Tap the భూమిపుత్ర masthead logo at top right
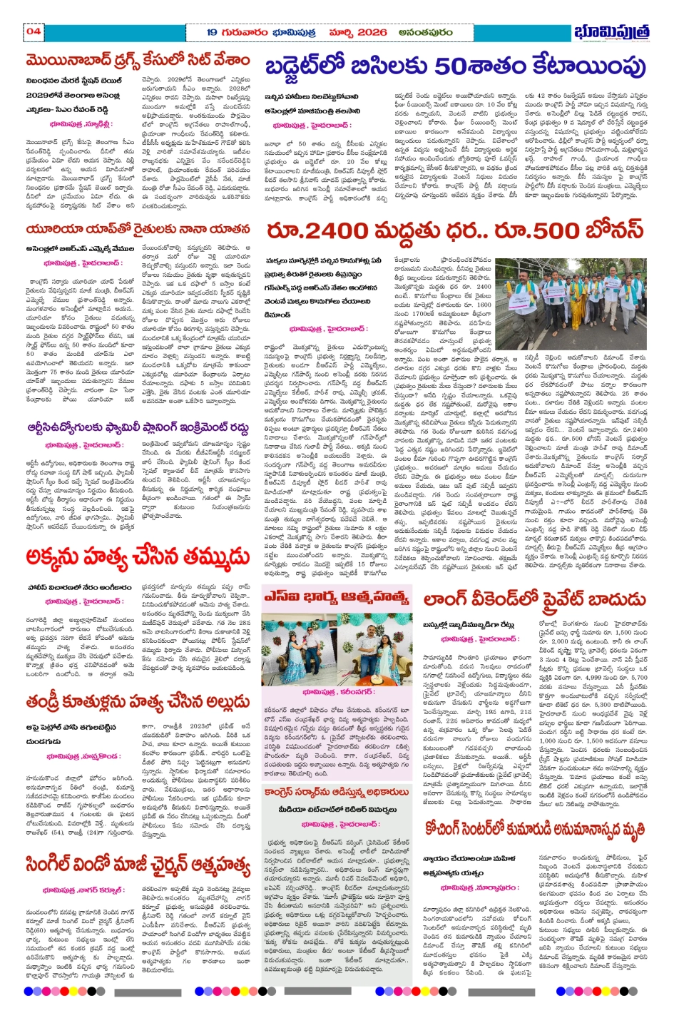613,34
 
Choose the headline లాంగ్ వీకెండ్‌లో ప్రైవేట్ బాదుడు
535,600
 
